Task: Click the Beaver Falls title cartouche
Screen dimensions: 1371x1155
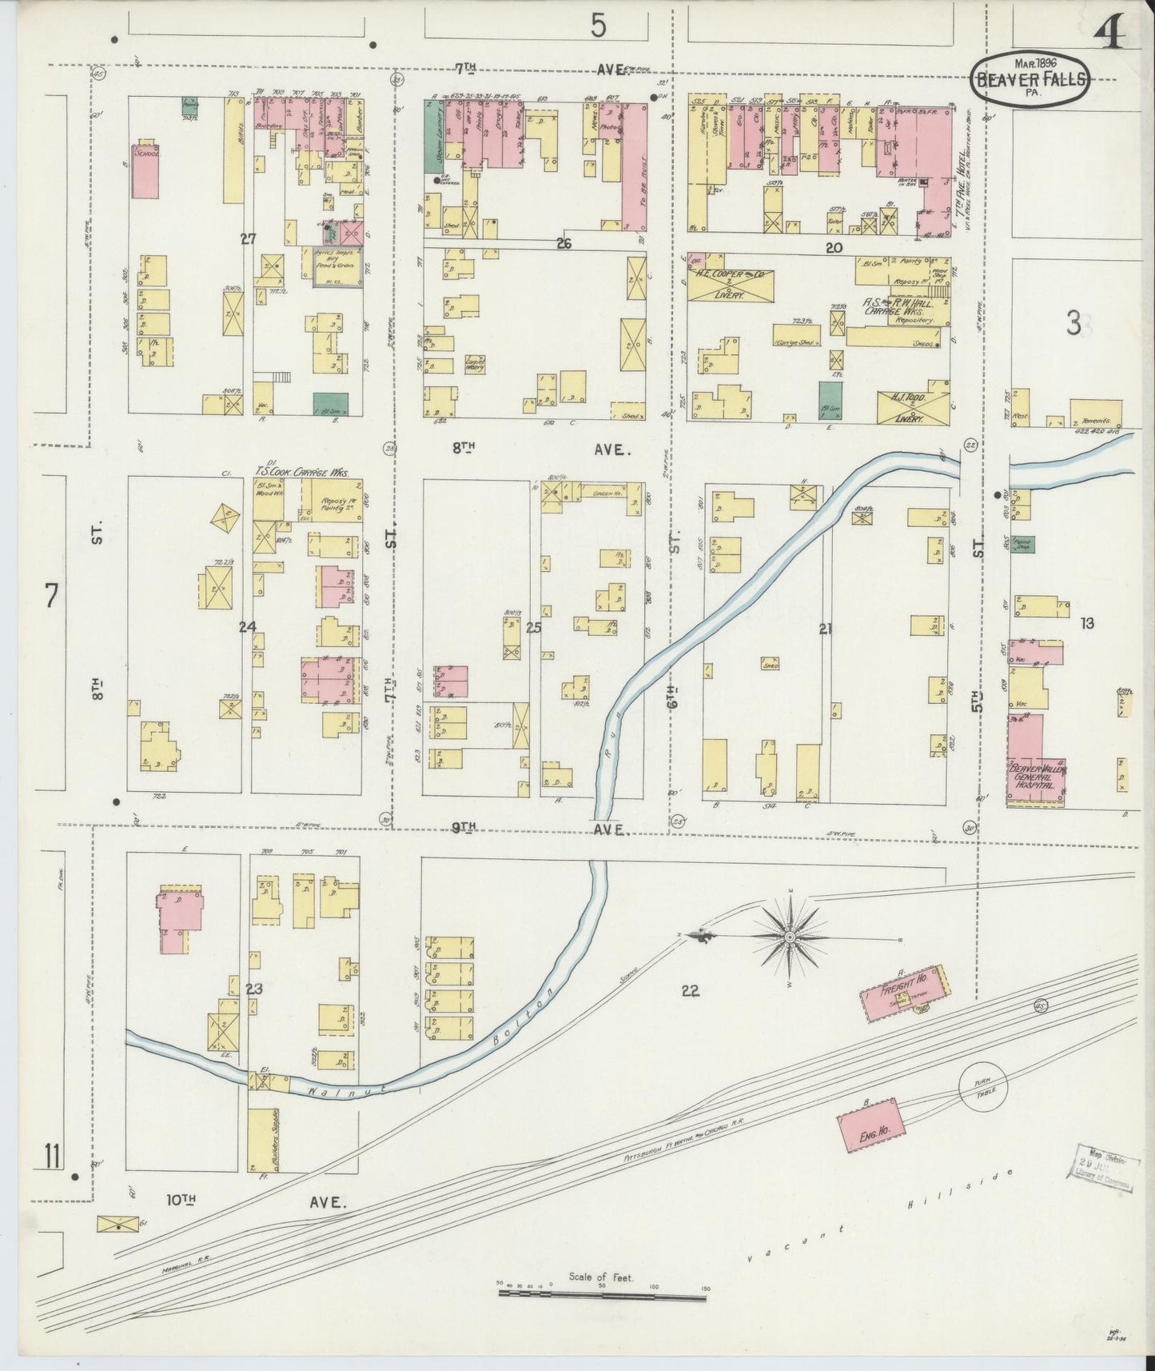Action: point(1030,78)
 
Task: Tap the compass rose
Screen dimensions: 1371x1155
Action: point(790,936)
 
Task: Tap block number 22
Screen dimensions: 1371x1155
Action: point(690,991)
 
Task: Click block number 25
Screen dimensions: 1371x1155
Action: point(533,628)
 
